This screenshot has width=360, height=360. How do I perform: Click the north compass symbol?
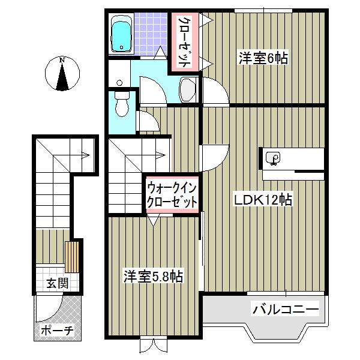(62, 74)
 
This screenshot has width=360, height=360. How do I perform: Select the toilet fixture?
(122, 103)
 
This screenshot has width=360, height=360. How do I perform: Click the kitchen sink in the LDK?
(274, 159)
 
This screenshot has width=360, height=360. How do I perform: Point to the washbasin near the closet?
(188, 90)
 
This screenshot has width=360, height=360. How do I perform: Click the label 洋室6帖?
(263, 59)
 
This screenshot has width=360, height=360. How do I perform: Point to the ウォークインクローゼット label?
(172, 195)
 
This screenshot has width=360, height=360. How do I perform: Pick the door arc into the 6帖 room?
(215, 91)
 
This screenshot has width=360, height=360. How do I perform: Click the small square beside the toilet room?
(120, 82)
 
